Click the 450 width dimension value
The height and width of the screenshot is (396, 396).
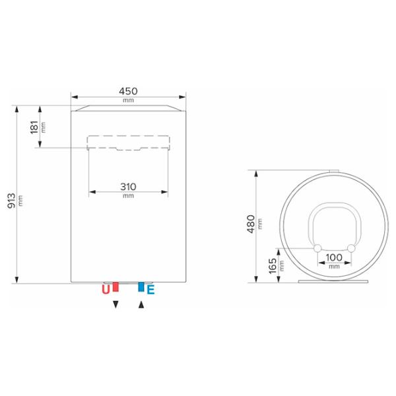tap(128, 91)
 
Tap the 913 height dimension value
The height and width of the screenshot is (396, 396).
tap(12, 201)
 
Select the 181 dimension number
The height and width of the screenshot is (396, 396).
tap(34, 127)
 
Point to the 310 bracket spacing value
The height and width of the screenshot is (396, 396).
tap(128, 187)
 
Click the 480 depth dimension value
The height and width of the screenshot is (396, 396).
tap(251, 224)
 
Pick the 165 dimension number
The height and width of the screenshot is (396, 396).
tap(273, 266)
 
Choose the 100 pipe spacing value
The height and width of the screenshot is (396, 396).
tap(334, 257)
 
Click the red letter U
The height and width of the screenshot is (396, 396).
tap(106, 290)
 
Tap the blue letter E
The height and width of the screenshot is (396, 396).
tap(150, 290)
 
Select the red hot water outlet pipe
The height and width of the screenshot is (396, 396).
tap(115, 286)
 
